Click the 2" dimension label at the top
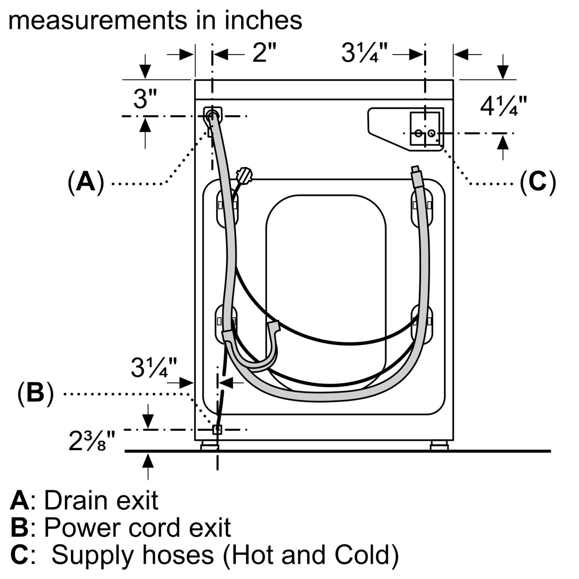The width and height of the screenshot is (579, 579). [265, 53]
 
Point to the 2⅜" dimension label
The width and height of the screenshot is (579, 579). [92, 440]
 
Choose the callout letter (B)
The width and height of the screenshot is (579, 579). [35, 394]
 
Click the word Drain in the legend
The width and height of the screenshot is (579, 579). [75, 501]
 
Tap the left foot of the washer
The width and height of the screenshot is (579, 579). [210, 447]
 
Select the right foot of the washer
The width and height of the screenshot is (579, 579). [439, 447]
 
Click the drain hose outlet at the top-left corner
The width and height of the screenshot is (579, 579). [212, 115]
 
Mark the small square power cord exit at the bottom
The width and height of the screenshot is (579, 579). [217, 429]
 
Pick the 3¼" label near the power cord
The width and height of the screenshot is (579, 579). [154, 367]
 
